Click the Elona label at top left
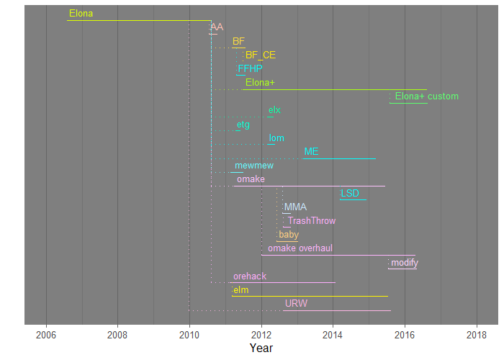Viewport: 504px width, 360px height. tap(81, 14)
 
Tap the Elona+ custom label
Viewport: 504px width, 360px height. tap(426, 96)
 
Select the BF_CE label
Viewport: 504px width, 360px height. tap(260, 55)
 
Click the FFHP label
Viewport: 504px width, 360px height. tap(250, 69)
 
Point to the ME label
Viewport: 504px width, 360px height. tap(311, 152)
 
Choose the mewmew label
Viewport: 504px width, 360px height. tap(249, 166)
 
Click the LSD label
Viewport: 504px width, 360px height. tap(349, 194)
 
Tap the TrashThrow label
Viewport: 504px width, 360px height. tap(311, 221)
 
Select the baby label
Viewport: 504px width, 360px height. tap(288, 235)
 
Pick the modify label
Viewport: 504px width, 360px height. tap(404, 263)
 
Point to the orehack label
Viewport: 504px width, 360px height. tap(249, 276)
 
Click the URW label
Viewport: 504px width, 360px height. tap(296, 304)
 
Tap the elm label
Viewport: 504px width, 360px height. tap(240, 290)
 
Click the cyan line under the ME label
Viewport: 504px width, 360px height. tap(339, 158)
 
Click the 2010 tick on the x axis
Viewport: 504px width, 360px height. tap(189, 335)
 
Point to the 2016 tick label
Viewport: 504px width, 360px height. tap(405, 335)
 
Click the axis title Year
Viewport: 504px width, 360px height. tap(261, 348)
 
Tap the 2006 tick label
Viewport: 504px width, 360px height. tap(46, 335)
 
